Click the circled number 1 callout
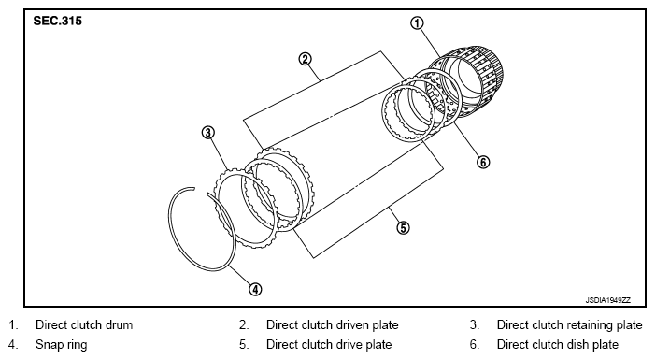tap(417, 23)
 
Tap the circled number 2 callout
tap(305, 59)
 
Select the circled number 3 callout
tap(208, 133)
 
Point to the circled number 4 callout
tap(255, 290)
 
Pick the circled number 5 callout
tap(403, 228)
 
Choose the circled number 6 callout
tap(483, 162)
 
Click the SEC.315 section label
tap(57, 21)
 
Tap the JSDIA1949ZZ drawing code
tap(607, 300)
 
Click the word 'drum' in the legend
tap(119, 325)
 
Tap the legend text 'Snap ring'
tap(61, 345)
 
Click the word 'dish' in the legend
tap(570, 345)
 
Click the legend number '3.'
tap(475, 325)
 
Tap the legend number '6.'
tap(475, 345)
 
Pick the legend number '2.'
tap(244, 325)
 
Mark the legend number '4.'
tap(13, 345)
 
